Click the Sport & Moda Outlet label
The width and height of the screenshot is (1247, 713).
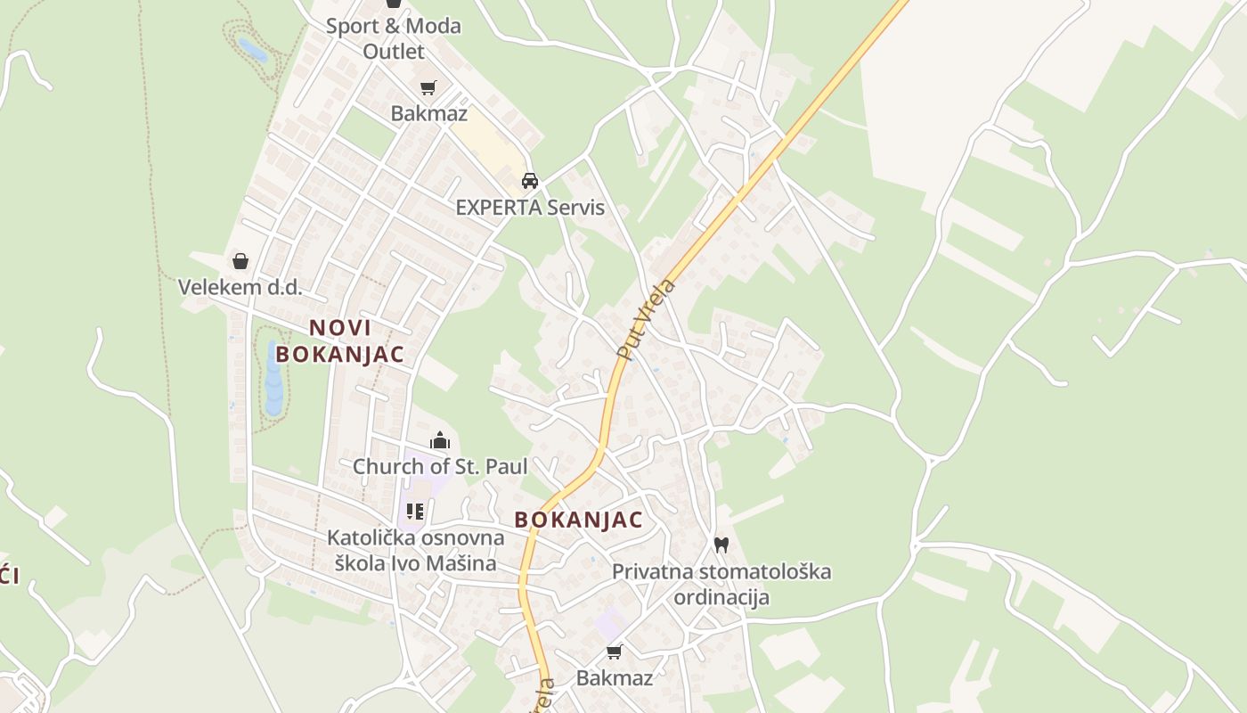point(393,38)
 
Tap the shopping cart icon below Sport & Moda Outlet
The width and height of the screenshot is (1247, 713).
point(428,87)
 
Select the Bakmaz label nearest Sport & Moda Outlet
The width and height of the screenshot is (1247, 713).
point(428,113)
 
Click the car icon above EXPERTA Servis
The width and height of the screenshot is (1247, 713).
point(530,181)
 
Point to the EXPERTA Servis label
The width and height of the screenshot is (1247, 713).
point(530,208)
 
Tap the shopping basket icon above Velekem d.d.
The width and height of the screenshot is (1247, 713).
point(240,261)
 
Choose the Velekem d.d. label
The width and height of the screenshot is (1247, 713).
point(240,287)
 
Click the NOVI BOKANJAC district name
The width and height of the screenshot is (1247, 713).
point(339,340)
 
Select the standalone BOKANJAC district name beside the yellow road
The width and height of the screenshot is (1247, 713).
point(578,520)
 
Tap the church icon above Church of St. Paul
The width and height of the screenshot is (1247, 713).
point(440,440)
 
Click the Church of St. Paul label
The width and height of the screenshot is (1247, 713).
point(440,466)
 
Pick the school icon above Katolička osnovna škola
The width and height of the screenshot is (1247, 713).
point(415,512)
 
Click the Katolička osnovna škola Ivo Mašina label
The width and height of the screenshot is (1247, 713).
point(415,550)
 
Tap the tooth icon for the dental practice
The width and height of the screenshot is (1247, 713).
point(721,545)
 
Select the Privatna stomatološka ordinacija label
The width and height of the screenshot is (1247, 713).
point(721,584)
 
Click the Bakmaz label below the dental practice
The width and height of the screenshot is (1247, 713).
point(614,677)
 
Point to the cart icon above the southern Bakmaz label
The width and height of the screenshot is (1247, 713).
point(614,652)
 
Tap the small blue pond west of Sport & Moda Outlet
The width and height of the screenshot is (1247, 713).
point(252,50)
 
